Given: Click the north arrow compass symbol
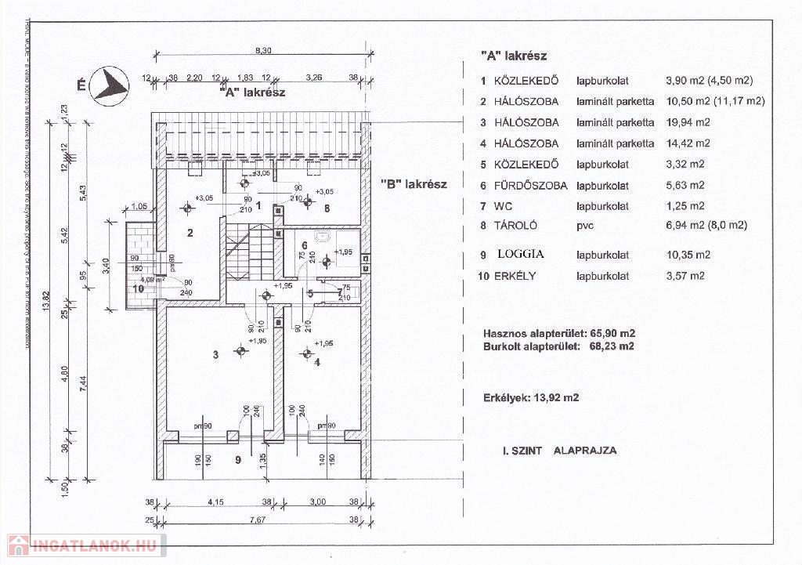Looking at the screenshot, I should [x=110, y=84].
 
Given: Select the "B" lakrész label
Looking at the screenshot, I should [x=414, y=184].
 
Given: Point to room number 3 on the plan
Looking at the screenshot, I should [x=215, y=354].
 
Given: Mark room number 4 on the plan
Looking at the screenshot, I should [x=317, y=362].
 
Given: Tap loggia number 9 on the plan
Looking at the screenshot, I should [x=237, y=460].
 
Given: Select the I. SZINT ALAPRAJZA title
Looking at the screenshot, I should [x=559, y=451].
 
